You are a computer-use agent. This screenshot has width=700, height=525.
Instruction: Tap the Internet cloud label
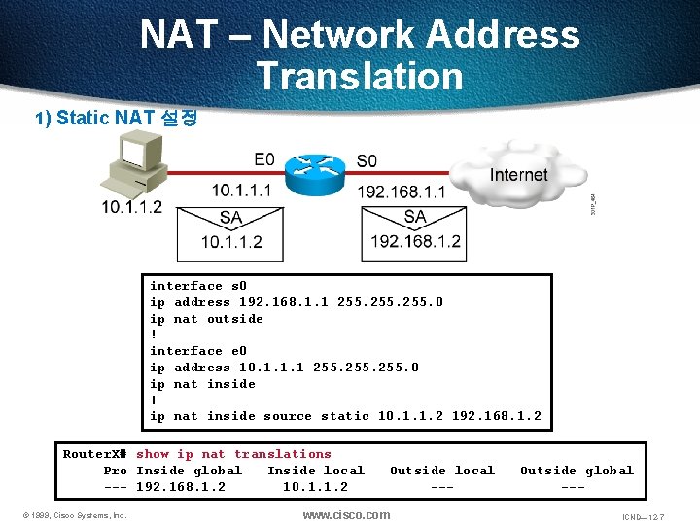pos(518,176)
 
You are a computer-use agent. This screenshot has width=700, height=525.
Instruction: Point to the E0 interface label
pos(264,159)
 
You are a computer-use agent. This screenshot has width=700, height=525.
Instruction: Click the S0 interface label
pos(367,160)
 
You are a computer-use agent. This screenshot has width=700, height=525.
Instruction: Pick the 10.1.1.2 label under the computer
pos(131,207)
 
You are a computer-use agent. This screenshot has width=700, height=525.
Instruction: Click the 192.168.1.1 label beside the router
pos(402,192)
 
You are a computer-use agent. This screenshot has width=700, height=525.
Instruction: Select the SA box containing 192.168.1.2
pos(415,231)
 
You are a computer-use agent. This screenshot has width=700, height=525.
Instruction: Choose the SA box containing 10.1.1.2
pos(230,231)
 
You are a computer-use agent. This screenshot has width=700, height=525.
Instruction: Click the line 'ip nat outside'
pos(206,319)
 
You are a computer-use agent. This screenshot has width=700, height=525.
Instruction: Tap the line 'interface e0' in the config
pos(198,351)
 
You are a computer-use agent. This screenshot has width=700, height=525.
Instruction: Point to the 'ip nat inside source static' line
pos(345,416)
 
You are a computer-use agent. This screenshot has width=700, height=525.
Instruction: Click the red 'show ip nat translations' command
pos(233,454)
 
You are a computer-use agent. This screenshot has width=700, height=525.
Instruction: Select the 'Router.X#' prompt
pos(95,454)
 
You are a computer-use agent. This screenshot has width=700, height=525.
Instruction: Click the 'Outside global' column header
pos(577,471)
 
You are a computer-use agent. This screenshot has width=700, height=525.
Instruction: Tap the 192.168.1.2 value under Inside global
pos(181,487)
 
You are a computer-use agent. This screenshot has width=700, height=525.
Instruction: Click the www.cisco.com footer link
pos(346,514)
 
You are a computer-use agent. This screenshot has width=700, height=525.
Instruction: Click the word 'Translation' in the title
pos(360,76)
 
